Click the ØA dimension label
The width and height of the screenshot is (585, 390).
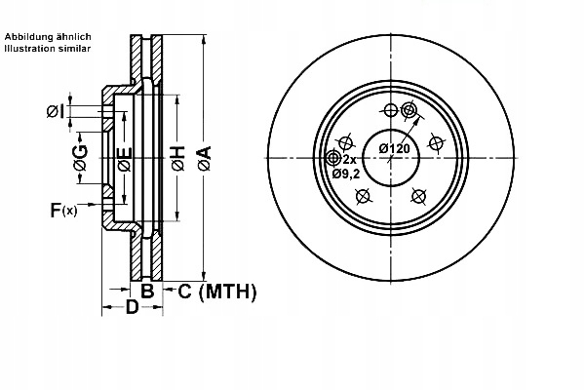coord(204,158)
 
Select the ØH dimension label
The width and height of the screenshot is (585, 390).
coord(177,158)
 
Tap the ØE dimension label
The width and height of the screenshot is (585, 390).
coord(124,159)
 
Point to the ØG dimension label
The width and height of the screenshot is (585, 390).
coord(81,158)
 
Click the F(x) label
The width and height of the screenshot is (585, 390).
coord(63,210)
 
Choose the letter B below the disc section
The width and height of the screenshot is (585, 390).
coord(147,291)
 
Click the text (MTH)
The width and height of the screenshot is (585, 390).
coord(226,291)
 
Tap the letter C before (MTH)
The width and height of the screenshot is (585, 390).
coord(183,291)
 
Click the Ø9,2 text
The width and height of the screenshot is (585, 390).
coord(345,174)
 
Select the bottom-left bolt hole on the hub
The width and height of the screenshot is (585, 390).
coord(364,196)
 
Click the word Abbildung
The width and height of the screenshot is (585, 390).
coord(26,36)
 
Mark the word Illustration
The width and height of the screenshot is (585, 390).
coord(30,47)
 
